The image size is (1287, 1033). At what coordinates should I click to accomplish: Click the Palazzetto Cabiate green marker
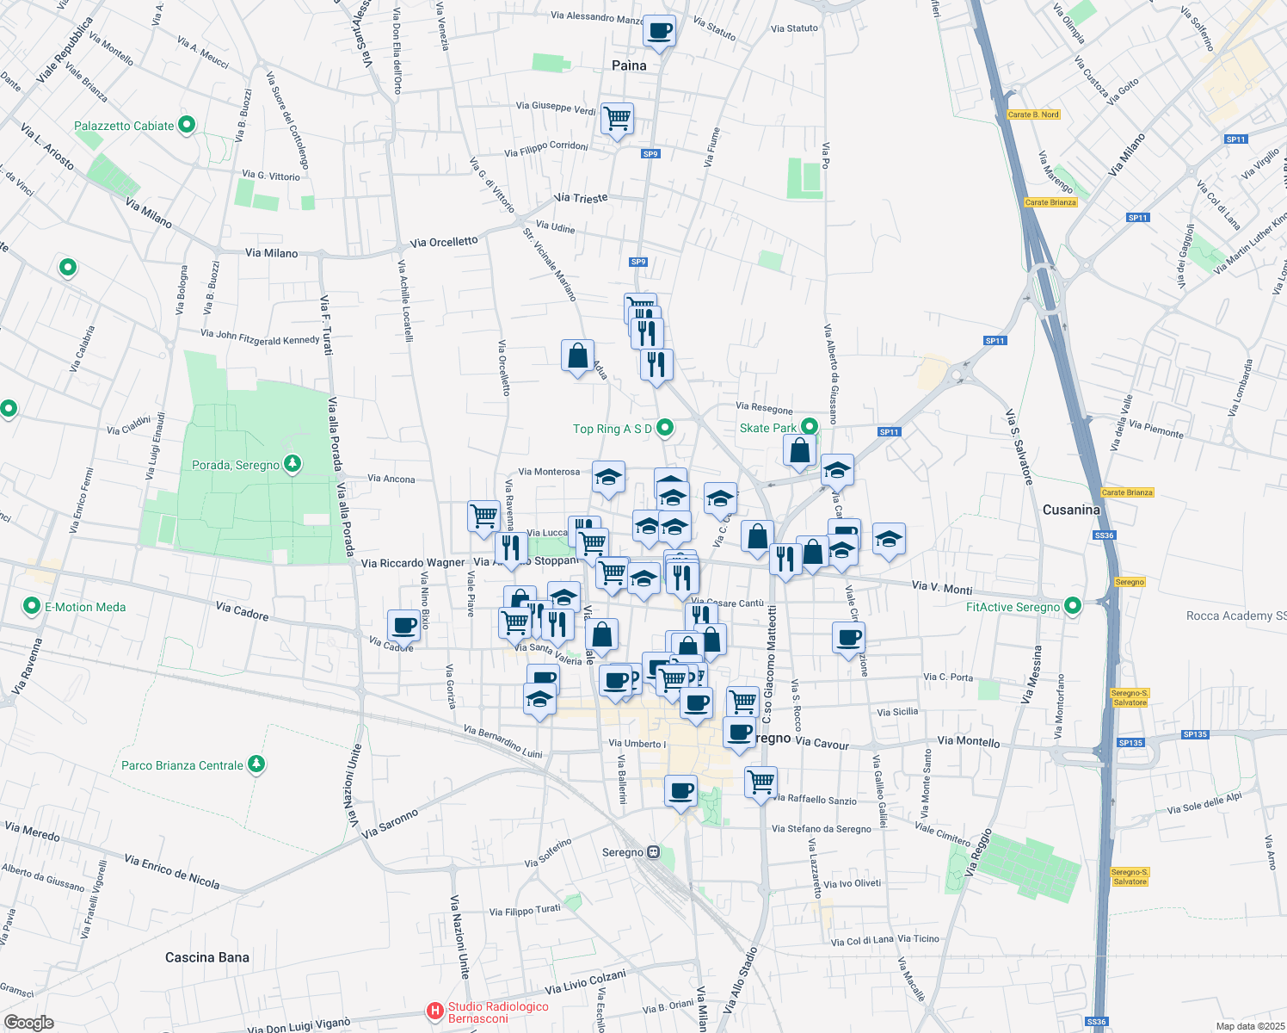click(186, 126)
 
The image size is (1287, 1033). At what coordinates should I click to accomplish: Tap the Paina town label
click(629, 65)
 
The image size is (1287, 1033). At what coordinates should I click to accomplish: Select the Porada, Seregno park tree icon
click(292, 465)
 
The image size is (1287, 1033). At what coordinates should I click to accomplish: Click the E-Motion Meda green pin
click(32, 607)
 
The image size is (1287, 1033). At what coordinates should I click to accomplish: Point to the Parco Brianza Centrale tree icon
click(256, 764)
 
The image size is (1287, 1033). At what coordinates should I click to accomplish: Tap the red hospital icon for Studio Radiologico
click(435, 1011)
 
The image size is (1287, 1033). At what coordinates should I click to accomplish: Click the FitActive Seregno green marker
click(1072, 607)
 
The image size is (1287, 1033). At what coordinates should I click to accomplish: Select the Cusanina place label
click(1071, 510)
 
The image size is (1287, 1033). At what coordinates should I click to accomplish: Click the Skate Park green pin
click(810, 427)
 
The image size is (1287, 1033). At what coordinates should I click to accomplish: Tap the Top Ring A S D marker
click(665, 428)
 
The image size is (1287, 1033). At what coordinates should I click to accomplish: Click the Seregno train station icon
click(654, 852)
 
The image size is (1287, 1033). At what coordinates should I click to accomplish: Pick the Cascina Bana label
click(207, 957)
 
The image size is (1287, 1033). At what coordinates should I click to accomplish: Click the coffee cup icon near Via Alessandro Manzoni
click(659, 32)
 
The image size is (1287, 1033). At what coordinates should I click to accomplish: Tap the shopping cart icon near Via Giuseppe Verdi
click(617, 118)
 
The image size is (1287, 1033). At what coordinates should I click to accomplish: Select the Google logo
click(28, 1023)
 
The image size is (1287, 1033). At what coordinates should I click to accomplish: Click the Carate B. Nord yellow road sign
click(1032, 114)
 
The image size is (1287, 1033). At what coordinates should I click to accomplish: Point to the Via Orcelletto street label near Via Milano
click(444, 242)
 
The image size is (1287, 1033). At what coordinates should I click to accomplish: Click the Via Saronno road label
click(390, 823)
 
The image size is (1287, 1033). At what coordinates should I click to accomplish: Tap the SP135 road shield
click(1130, 743)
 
